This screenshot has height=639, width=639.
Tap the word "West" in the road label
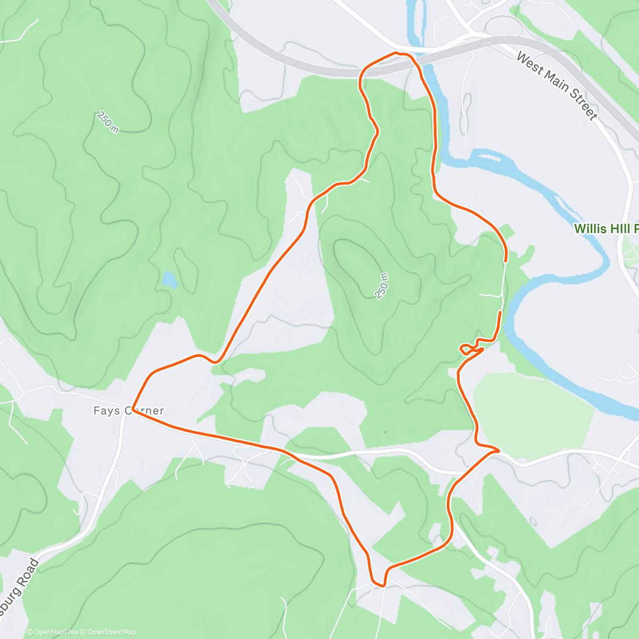tap(529, 61)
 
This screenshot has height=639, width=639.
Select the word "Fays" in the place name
tap(107, 411)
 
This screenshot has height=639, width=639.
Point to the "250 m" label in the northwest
tap(108, 122)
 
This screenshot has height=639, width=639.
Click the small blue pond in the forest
tap(170, 280)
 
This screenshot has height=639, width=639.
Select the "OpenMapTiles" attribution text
tap(56, 632)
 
